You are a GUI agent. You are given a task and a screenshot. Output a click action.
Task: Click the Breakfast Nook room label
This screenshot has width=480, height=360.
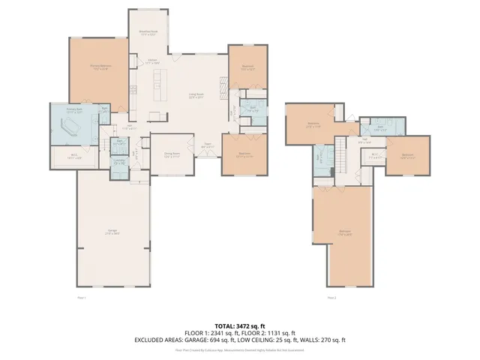pyautogui.click(x=148, y=33)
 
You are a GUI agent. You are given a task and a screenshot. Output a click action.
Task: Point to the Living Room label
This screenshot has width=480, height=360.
pyautogui.click(x=196, y=95)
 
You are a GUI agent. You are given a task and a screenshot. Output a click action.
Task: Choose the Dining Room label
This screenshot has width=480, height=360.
pyautogui.click(x=172, y=155)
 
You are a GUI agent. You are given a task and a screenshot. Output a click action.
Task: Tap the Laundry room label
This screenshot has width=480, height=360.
pyautogui.click(x=118, y=162)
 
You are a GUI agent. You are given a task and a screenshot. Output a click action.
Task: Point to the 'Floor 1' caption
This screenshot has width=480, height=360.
pyautogui.click(x=82, y=298)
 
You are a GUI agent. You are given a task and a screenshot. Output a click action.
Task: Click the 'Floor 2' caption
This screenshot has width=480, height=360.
pyautogui.click(x=331, y=298)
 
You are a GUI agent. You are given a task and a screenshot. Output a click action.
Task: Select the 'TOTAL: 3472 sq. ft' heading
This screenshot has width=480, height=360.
pyautogui.click(x=239, y=325)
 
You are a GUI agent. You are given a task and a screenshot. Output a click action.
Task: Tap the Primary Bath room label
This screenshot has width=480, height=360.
pyautogui.click(x=73, y=109)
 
